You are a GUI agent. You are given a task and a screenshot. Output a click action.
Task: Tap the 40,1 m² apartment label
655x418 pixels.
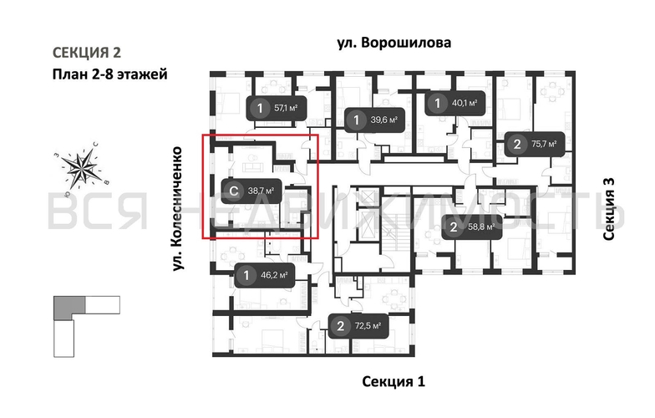(454, 104)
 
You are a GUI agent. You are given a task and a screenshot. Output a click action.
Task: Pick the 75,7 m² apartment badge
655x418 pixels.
(534, 145)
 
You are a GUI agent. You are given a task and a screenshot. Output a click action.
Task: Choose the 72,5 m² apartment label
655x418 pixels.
(358, 326)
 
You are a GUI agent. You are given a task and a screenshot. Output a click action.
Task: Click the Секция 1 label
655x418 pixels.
(394, 382)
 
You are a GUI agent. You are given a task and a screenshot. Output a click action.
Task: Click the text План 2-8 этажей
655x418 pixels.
(108, 74)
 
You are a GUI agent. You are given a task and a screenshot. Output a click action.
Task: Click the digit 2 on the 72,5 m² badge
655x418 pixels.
(340, 326)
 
